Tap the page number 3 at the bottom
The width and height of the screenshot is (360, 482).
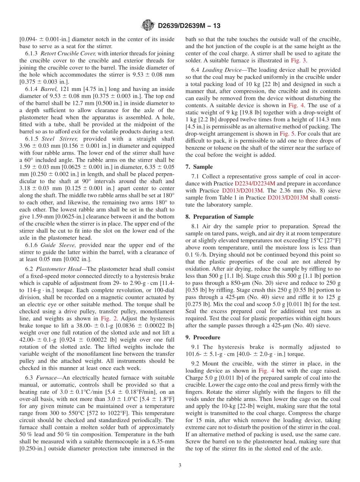(x=180, y=465)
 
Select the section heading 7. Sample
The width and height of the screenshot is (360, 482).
(x=199, y=167)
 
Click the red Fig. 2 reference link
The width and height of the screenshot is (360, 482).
(x=106, y=319)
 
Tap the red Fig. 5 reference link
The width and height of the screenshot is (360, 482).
(x=286, y=133)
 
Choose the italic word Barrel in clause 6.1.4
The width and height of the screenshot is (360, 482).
(x=47, y=89)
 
